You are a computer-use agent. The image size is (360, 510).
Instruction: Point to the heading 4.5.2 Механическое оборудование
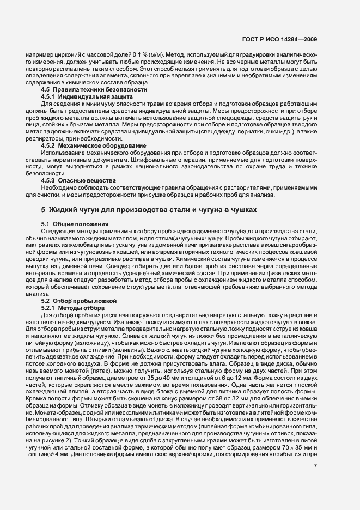pos(94,146)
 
